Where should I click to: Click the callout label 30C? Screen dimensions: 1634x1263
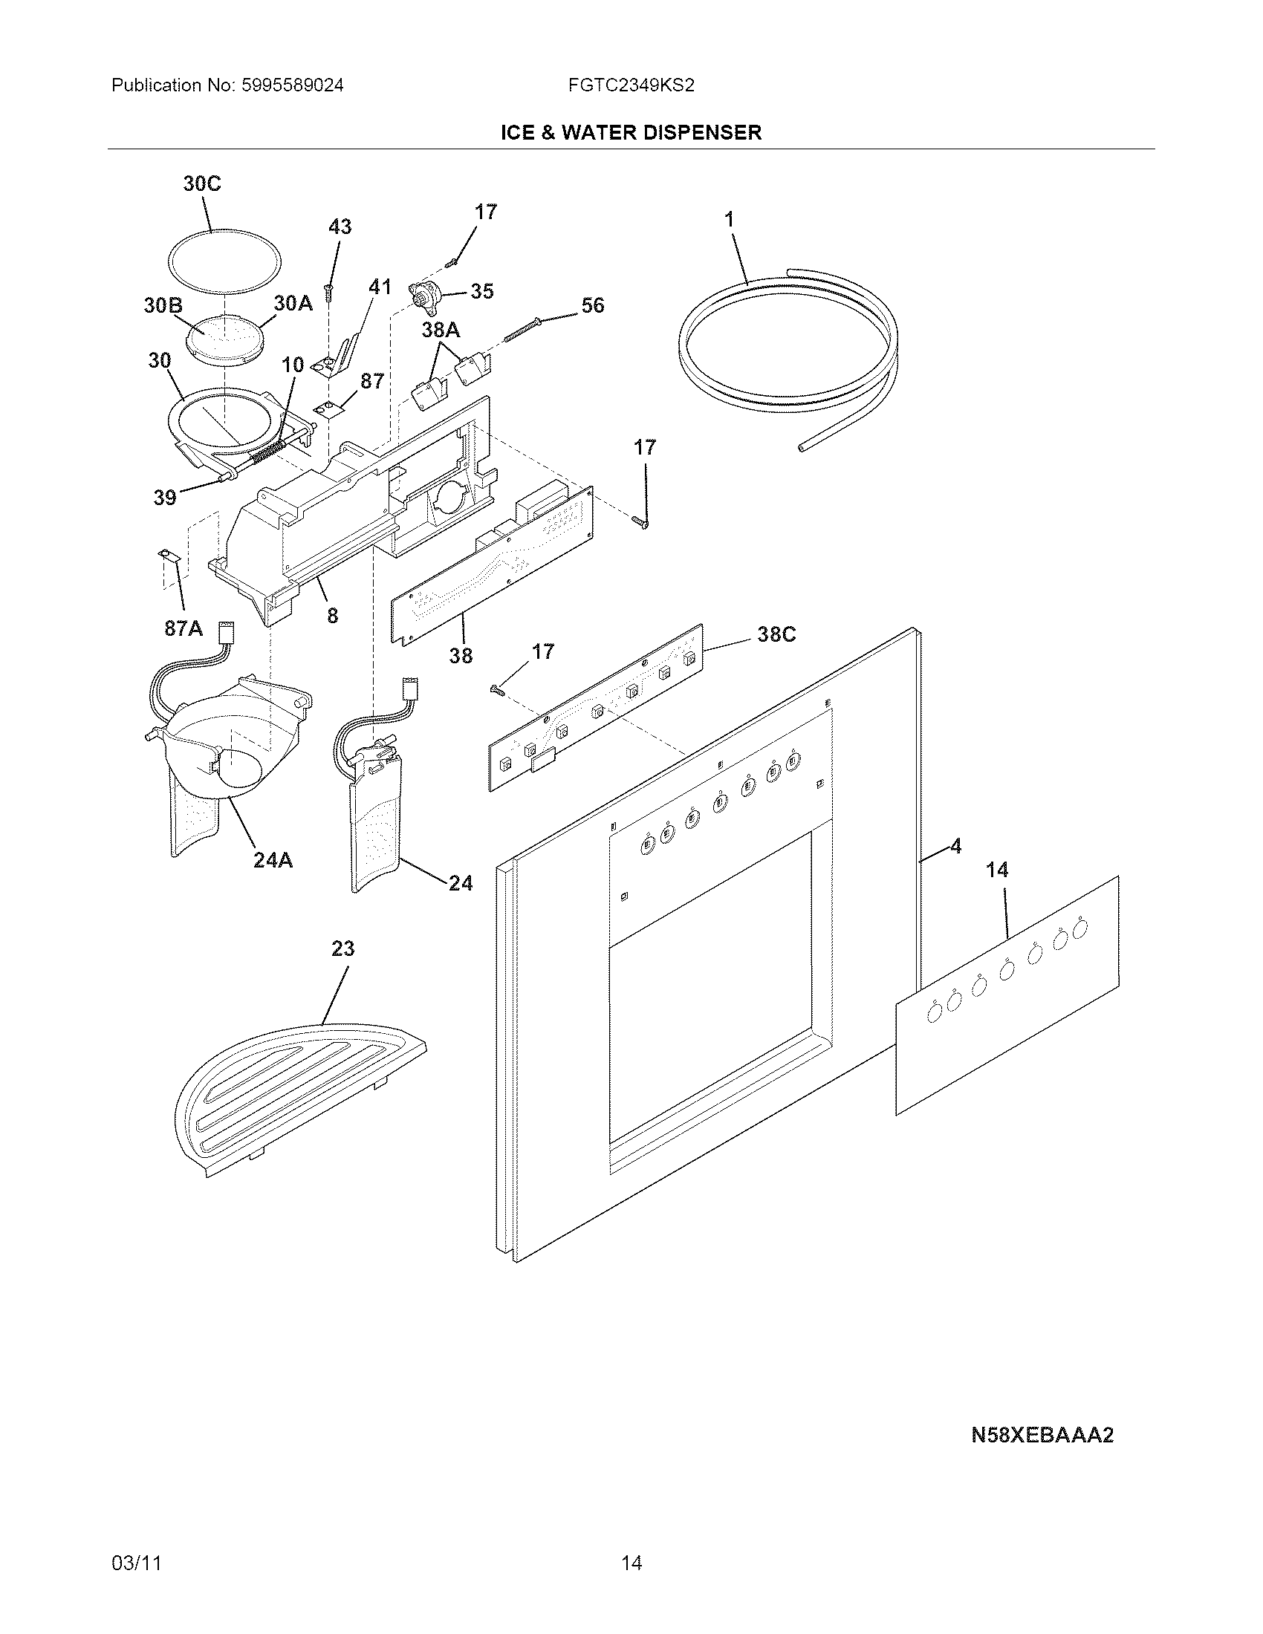(x=202, y=184)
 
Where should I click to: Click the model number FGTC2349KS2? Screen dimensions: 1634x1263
(x=631, y=85)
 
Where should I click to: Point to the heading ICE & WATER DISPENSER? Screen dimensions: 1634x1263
(x=631, y=133)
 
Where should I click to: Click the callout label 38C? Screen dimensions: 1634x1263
(x=776, y=634)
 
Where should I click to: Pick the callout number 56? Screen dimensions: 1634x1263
(x=593, y=305)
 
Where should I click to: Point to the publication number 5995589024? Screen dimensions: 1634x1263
(x=292, y=85)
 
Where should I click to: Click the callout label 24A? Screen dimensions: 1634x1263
(x=273, y=860)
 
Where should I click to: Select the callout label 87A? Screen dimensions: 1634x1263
(x=184, y=628)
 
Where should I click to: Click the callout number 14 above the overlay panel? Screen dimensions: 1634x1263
(x=996, y=870)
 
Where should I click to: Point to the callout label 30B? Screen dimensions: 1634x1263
(x=163, y=305)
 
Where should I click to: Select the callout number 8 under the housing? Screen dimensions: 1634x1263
(x=332, y=615)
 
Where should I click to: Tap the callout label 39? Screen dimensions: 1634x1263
(x=165, y=497)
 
